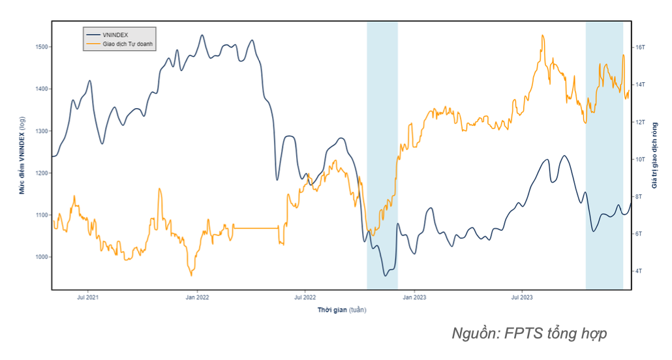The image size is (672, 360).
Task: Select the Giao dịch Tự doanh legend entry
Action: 127,44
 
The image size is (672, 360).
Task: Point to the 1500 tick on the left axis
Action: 40,47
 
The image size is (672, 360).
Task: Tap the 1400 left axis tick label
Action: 40,89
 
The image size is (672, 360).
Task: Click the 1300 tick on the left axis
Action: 40,131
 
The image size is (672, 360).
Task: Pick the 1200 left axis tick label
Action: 40,173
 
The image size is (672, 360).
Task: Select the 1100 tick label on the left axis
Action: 40,215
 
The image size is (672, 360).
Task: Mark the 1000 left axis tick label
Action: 40,257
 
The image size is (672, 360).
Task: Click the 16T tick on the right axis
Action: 640,48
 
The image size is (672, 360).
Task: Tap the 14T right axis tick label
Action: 640,85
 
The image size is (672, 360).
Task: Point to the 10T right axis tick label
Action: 640,159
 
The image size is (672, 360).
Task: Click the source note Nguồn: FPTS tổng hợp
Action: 529,334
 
